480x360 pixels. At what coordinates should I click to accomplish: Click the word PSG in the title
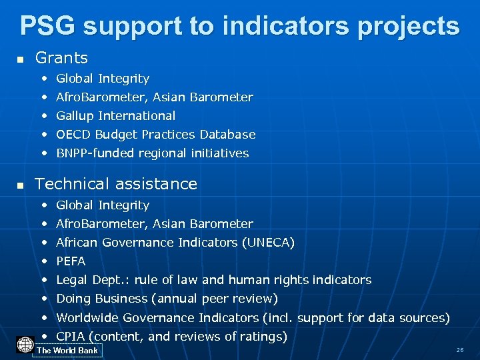pos(48,26)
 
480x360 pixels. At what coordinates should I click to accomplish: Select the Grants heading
pos(61,58)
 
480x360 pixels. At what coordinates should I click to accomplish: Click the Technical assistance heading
pos(116,183)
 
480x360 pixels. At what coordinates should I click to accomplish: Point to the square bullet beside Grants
pos(20,60)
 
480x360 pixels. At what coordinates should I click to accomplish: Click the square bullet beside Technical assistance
pos(20,185)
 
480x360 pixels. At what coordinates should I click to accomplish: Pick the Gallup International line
pos(115,115)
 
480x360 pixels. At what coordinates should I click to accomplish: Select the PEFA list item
pos(71,261)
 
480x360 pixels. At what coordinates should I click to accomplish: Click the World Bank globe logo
pos(25,345)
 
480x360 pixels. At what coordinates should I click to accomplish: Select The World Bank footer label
pos(67,351)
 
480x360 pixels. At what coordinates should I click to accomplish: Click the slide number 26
pos(459,350)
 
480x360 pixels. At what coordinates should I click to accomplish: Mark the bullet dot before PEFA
pos(44,261)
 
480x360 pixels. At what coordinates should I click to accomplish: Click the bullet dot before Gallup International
pos(44,116)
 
